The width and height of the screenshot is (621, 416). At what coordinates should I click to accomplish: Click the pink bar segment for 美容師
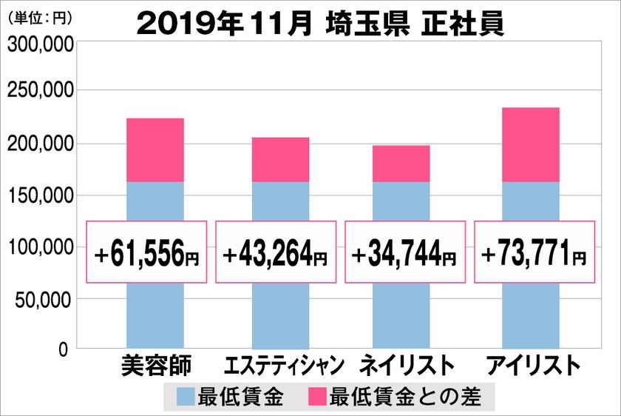tap(155, 150)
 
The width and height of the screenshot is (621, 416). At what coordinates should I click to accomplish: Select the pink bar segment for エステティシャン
tap(280, 159)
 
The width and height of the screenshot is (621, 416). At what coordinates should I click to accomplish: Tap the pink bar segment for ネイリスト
tap(401, 164)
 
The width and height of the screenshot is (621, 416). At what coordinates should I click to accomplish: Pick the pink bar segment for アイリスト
tap(530, 144)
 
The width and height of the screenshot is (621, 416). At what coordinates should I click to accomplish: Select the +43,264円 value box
tap(276, 252)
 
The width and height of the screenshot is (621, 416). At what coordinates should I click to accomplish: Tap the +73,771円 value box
tap(534, 252)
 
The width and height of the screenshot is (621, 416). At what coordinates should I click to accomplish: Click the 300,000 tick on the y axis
tap(40, 45)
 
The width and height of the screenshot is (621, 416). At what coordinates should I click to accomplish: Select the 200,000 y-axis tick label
tap(40, 143)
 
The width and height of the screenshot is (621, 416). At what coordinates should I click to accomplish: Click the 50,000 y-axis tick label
tap(43, 299)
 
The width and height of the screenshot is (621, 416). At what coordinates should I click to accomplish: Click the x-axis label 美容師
tap(155, 365)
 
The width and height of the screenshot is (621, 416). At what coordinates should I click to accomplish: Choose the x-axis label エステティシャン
tap(284, 366)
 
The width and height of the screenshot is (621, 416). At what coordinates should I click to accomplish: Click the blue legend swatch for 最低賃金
tap(186, 397)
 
